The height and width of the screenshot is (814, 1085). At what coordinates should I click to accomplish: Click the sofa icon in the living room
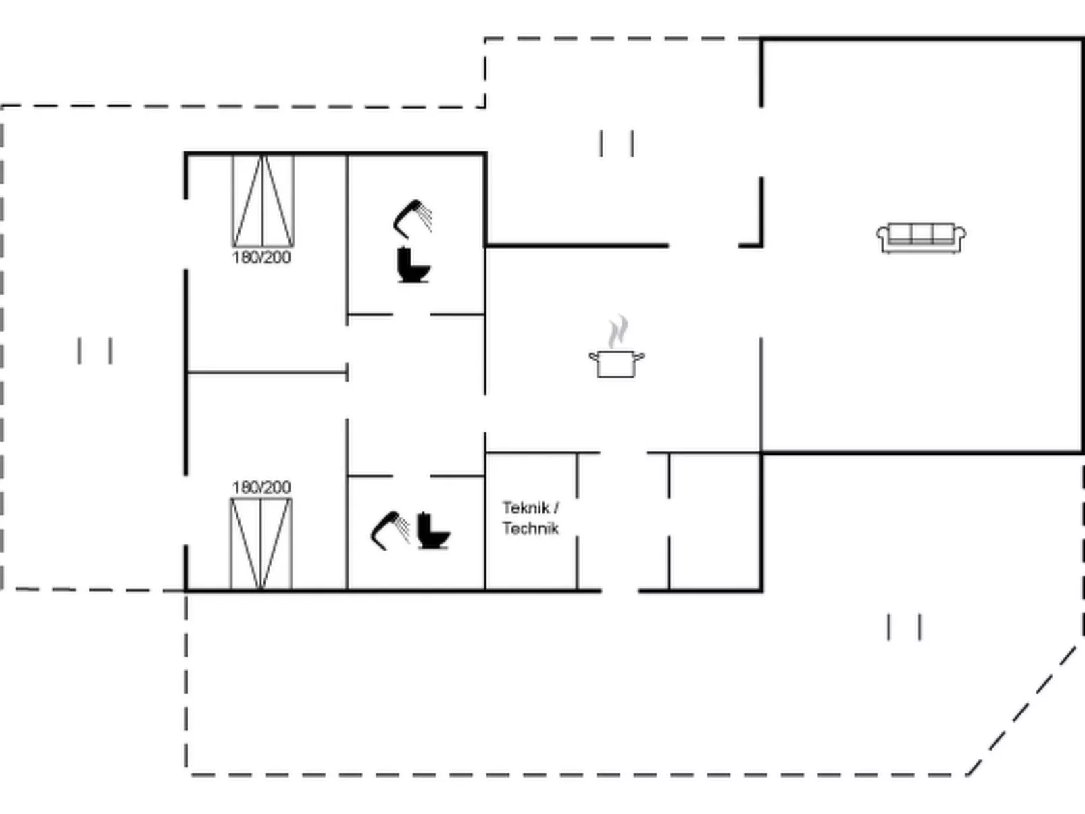click(921, 237)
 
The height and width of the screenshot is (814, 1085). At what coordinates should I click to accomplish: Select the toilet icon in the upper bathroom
click(413, 265)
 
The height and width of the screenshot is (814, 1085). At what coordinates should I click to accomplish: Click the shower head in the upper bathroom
click(413, 218)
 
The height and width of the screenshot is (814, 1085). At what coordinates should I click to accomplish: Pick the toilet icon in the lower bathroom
click(432, 531)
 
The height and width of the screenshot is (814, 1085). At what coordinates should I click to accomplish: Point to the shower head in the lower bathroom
click(390, 530)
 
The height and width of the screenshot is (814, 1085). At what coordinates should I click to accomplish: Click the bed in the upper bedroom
click(263, 201)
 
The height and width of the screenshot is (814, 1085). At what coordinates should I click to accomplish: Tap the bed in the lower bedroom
click(261, 544)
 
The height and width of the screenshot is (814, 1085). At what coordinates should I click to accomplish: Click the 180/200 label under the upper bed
click(261, 257)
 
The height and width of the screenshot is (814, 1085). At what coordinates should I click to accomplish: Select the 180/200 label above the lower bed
click(261, 487)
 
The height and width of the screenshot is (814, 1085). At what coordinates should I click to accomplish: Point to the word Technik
click(530, 528)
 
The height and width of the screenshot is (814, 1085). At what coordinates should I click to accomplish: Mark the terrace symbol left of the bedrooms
click(95, 351)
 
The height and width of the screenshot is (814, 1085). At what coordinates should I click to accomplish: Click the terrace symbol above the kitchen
click(616, 144)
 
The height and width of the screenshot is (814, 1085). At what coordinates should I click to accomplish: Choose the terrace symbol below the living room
click(903, 627)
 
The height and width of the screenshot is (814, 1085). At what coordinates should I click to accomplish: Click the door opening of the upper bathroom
click(411, 315)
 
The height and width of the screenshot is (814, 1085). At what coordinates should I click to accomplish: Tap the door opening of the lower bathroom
click(411, 476)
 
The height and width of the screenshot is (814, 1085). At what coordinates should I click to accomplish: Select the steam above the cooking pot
click(617, 332)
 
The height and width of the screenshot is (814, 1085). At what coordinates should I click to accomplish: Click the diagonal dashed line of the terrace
click(1022, 709)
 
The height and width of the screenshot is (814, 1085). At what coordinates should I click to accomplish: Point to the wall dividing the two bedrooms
click(266, 372)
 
